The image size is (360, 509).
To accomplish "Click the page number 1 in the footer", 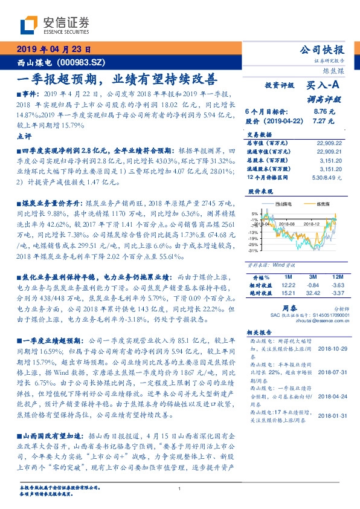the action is coord(179,488).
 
